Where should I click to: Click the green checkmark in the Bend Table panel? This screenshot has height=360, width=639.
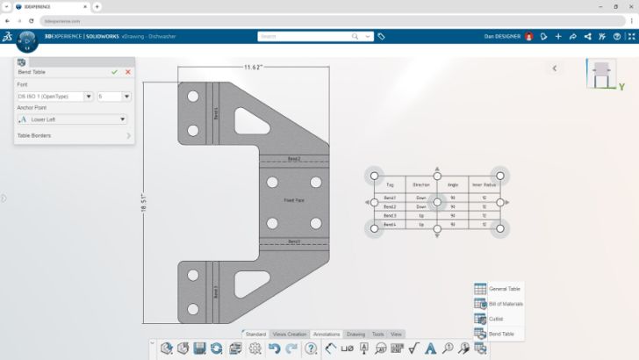coord(114,72)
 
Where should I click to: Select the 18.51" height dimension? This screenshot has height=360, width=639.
coord(144,203)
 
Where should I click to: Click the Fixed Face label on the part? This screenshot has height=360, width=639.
coord(294,201)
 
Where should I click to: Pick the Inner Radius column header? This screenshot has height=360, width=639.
coord(484,185)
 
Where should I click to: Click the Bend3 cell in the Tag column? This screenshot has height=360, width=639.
coord(390,215)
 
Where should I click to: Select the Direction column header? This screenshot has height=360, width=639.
coord(421,185)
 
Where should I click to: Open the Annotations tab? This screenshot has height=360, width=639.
coord(327,335)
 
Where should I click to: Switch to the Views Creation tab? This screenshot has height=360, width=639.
coord(290,335)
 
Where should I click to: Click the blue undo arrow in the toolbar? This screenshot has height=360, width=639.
coord(274,349)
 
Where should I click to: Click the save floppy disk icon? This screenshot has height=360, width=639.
coord(199,349)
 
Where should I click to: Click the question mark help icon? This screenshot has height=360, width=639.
coord(311,349)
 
